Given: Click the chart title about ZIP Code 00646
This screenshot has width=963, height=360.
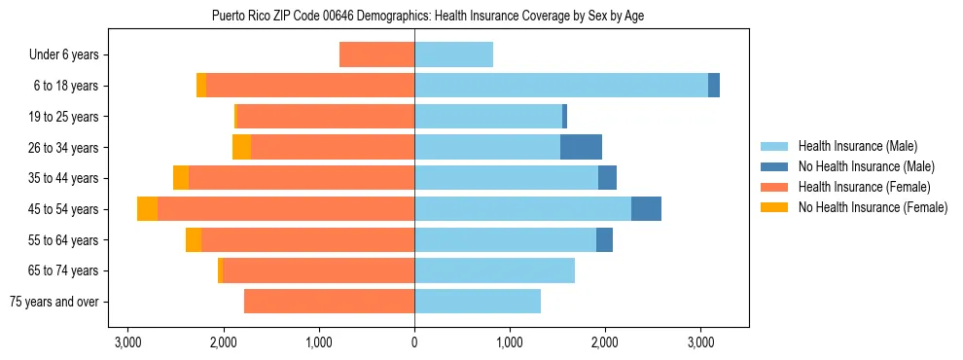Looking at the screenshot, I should [x=427, y=16].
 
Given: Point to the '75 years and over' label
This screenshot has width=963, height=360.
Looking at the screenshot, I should [x=53, y=302].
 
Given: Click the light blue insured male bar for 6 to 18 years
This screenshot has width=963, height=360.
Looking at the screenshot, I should [x=561, y=86].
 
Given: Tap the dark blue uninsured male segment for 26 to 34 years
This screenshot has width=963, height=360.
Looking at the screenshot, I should [x=581, y=147].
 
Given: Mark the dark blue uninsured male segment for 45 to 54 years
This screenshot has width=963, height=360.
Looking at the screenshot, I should [x=646, y=209].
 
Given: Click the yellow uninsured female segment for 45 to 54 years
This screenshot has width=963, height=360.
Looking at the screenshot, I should [x=147, y=209].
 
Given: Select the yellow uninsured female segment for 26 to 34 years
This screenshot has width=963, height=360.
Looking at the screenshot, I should [x=241, y=147].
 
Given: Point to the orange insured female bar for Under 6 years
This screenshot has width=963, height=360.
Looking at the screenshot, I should [x=376, y=55].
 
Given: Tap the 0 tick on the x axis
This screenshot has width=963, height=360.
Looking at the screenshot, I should [x=414, y=342].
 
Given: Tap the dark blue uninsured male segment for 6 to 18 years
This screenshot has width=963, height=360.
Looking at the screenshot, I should [x=714, y=86].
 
